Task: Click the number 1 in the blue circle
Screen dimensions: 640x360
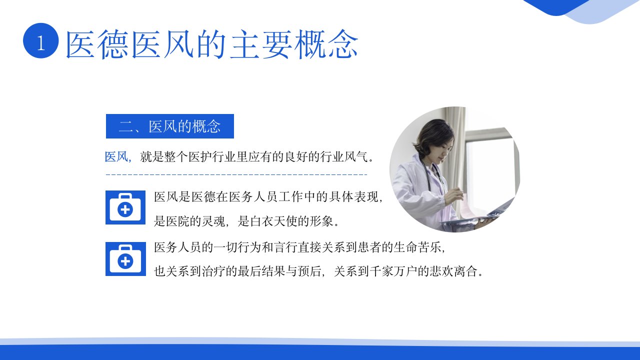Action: coord(41,43)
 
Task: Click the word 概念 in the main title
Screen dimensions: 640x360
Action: coord(326,44)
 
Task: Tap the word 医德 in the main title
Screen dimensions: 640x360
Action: coord(97,44)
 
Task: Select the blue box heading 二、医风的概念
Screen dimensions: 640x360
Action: coord(169,126)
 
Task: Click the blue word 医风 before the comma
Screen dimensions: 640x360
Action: coord(116,156)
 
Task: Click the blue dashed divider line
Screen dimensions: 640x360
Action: coord(236,174)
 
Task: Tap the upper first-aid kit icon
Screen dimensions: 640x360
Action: coord(125,207)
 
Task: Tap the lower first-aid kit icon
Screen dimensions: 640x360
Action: coord(125,259)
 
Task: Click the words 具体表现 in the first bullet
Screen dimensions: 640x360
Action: coord(353,197)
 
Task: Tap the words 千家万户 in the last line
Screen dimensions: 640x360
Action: coord(393,271)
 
